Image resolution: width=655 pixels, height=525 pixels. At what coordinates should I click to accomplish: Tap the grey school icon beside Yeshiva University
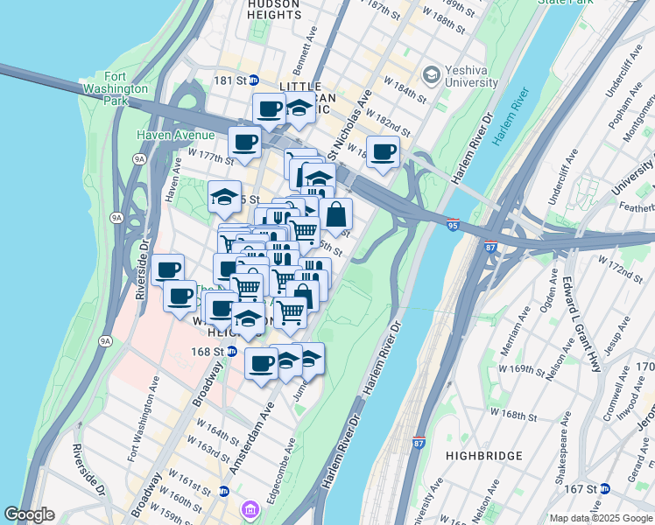(431, 76)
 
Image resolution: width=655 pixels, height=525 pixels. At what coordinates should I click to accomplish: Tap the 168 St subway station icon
(231, 351)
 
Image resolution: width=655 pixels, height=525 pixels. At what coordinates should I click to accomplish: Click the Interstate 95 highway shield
(452, 225)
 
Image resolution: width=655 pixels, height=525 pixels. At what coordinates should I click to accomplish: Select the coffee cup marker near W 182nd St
(383, 152)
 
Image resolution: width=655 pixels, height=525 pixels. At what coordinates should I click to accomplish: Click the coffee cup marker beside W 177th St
(244, 142)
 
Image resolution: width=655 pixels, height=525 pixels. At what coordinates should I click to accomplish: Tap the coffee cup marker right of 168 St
(261, 363)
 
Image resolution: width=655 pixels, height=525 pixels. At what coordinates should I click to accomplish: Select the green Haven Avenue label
(175, 135)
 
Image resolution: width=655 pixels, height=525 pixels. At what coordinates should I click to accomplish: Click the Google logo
(29, 514)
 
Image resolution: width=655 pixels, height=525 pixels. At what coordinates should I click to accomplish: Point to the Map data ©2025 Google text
(601, 518)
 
